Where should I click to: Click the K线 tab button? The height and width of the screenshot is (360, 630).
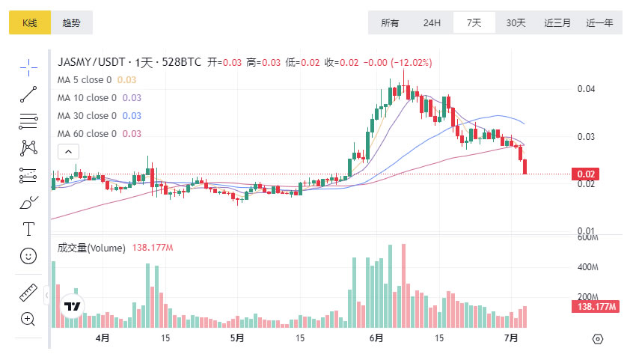pos(29,22)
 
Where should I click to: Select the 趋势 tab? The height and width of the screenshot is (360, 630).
pos(72,22)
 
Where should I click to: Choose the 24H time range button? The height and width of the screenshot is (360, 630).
pos(432,22)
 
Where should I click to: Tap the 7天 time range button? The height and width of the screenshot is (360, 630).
pos(474,22)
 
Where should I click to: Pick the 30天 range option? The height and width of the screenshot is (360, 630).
pos(516,22)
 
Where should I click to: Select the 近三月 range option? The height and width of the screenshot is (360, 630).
pos(557,22)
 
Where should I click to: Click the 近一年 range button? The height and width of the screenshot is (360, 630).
pos(599,22)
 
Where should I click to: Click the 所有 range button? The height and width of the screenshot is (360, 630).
pos(390,22)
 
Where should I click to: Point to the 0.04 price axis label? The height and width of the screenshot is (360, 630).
pos(587,89)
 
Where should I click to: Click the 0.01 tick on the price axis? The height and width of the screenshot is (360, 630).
pos(587,231)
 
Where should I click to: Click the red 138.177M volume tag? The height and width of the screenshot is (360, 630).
pos(595,307)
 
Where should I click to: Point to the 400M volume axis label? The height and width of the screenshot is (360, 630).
pos(589,267)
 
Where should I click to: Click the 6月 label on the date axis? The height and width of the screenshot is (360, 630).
pos(378,338)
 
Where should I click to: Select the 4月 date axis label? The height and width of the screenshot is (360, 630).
pos(103,338)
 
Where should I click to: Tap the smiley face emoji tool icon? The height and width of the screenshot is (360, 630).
pos(28,256)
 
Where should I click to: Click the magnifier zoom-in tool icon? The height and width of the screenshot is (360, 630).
pos(28,319)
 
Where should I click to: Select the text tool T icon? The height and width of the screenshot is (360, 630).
pos(28,229)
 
